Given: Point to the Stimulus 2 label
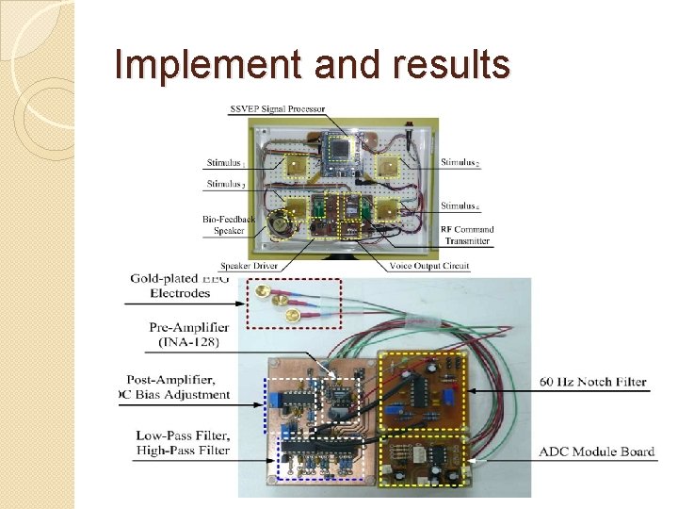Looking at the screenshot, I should [460, 163].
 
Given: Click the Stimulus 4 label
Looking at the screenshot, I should [460, 205].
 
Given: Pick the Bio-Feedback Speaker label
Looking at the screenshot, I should [229, 224].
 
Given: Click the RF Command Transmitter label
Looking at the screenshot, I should [467, 235].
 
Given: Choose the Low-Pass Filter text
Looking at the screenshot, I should [182, 435].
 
